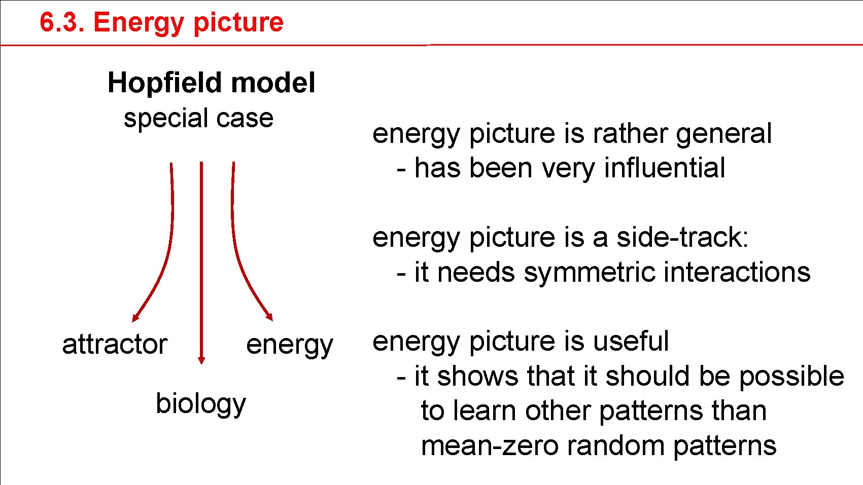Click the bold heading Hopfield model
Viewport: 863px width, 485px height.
tap(211, 83)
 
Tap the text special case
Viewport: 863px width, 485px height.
tap(198, 119)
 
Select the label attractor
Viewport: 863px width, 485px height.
tap(115, 345)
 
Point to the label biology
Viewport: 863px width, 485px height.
tap(200, 404)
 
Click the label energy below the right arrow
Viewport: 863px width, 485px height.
tap(289, 346)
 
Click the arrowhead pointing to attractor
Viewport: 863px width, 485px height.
tap(135, 317)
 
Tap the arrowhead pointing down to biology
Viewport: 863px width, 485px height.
tap(201, 359)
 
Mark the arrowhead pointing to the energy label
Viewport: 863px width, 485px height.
tap(270, 316)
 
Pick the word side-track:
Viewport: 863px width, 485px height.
tap(682, 238)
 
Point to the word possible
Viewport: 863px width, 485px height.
tap(791, 377)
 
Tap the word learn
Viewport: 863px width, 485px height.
tap(486, 411)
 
